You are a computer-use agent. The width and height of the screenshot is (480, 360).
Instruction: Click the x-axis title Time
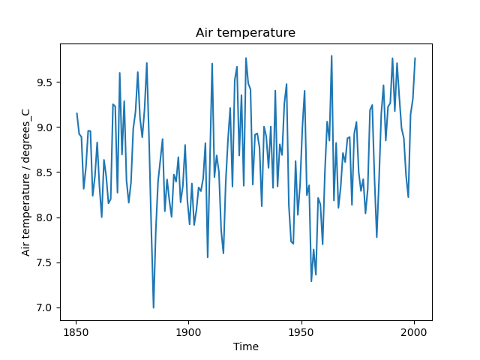pos(245,346)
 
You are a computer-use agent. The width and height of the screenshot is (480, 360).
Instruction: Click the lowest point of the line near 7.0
pos(154,307)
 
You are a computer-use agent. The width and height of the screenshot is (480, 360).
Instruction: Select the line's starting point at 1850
pos(76,113)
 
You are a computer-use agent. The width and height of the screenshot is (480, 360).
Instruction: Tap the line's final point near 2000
pos(415,58)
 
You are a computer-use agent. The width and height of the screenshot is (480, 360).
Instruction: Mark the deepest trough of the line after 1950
pos(311,281)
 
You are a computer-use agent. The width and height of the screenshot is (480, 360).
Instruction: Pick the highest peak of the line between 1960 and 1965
pos(331,55)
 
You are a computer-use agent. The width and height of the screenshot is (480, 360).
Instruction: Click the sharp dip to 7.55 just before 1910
pos(208,257)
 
